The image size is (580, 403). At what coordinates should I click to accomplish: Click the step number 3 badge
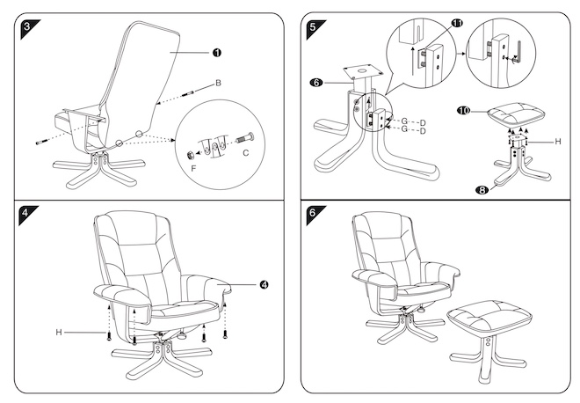(x=26, y=26)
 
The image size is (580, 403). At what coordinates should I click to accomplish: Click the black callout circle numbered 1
(x=215, y=53)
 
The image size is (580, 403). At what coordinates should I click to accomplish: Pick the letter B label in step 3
(x=217, y=83)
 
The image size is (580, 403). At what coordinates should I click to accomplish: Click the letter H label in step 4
(x=59, y=332)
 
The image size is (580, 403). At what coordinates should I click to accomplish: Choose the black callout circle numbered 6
(x=315, y=83)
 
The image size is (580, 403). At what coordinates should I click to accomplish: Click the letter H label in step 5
(x=556, y=140)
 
